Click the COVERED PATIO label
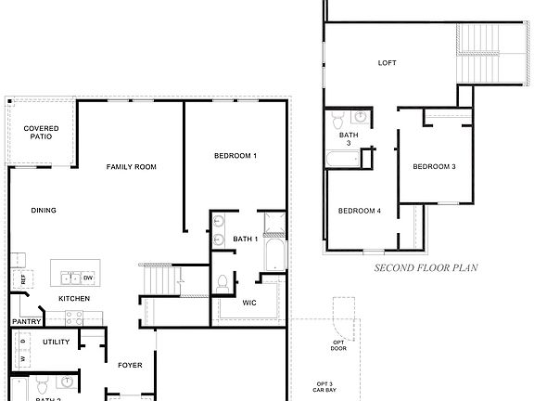41,132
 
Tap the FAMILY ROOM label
131,167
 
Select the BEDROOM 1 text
235,156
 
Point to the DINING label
44,211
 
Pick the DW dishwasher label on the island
88,278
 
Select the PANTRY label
24,322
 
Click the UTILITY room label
56,343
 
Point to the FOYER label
130,365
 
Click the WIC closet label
249,304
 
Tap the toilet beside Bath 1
222,281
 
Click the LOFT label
388,63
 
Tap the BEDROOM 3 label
434,167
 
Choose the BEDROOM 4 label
360,211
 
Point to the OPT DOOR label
339,346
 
